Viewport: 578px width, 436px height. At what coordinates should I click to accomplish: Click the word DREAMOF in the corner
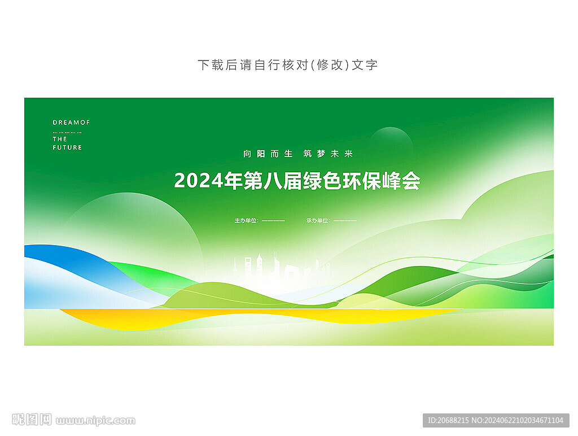pyautogui.click(x=71, y=122)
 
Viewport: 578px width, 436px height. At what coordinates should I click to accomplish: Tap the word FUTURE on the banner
pyautogui.click(x=67, y=147)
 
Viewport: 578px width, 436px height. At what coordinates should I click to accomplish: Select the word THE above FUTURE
pyautogui.click(x=60, y=139)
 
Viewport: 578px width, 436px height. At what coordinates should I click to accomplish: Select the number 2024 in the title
pyautogui.click(x=198, y=181)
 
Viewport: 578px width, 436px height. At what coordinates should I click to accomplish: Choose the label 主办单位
pyautogui.click(x=246, y=221)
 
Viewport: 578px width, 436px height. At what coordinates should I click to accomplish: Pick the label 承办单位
pyautogui.click(x=318, y=221)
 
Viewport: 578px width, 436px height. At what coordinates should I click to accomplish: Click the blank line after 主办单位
pyautogui.click(x=273, y=221)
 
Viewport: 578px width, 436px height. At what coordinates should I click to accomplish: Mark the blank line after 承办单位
pyautogui.click(x=345, y=221)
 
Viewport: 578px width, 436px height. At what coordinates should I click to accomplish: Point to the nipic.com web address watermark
pyautogui.click(x=95, y=421)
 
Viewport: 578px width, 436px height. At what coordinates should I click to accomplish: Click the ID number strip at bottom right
pyautogui.click(x=496, y=420)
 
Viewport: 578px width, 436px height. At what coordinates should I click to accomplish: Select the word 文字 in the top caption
pyautogui.click(x=365, y=65)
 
